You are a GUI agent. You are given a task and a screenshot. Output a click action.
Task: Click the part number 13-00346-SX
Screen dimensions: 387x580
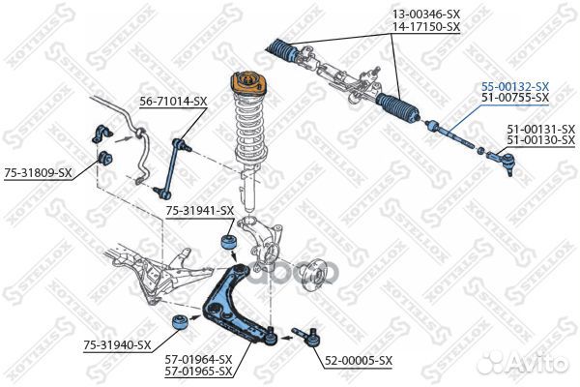pos(425,15)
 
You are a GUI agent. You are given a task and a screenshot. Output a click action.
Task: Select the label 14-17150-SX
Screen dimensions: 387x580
pos(425,27)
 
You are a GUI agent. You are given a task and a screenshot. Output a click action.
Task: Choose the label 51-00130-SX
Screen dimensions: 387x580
pos(540,140)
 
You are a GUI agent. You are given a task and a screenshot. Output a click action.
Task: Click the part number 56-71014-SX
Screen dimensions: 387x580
pos(173,101)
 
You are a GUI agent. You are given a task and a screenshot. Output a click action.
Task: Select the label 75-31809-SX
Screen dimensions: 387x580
pos(38,172)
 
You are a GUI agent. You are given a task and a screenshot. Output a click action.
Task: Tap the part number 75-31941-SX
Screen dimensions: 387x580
pos(199,210)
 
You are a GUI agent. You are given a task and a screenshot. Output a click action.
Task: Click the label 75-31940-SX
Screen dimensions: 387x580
pos(117,344)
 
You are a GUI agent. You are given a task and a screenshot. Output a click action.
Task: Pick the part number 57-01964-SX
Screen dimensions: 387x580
pos(198,359)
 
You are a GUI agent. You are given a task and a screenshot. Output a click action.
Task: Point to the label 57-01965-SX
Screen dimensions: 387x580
pos(198,371)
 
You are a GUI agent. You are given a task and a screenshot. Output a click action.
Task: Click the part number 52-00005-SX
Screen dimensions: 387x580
pos(358,360)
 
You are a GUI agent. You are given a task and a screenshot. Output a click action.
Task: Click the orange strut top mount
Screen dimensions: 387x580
pos(246,90)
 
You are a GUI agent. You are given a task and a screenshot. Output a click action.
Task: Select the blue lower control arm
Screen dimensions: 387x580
pos(242,305)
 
